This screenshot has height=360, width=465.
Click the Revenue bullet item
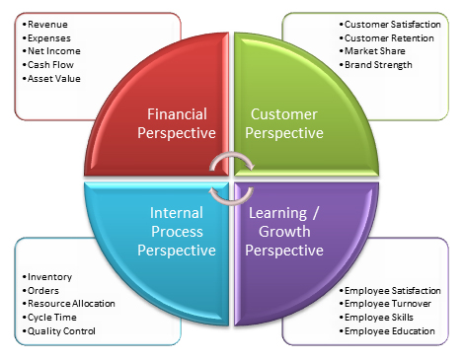click(44, 25)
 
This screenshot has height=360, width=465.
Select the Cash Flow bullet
click(47, 65)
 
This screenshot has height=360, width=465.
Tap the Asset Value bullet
click(51, 79)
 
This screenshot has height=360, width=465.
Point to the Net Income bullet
click(51, 51)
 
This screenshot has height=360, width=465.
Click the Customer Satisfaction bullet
click(390, 25)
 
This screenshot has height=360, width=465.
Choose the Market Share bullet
click(372, 51)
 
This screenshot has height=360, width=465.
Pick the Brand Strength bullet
click(375, 65)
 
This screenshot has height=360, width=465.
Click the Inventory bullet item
click(46, 277)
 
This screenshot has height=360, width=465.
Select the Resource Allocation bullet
click(68, 304)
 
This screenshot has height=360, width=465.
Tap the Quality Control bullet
click(58, 331)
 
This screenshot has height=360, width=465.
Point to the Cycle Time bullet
click(49, 318)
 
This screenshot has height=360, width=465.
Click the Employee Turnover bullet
click(385, 304)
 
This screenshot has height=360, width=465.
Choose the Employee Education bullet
click(387, 331)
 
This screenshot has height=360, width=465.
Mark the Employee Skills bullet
click(376, 318)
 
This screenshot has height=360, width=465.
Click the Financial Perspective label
click(177, 123)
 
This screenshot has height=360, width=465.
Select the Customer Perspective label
click(284, 123)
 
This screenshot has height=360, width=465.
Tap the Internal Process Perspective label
click(177, 232)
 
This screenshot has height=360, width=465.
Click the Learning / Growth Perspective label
click(284, 232)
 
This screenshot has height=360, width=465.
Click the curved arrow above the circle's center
click(231, 154)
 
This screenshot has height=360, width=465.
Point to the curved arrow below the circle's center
click(231, 202)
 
